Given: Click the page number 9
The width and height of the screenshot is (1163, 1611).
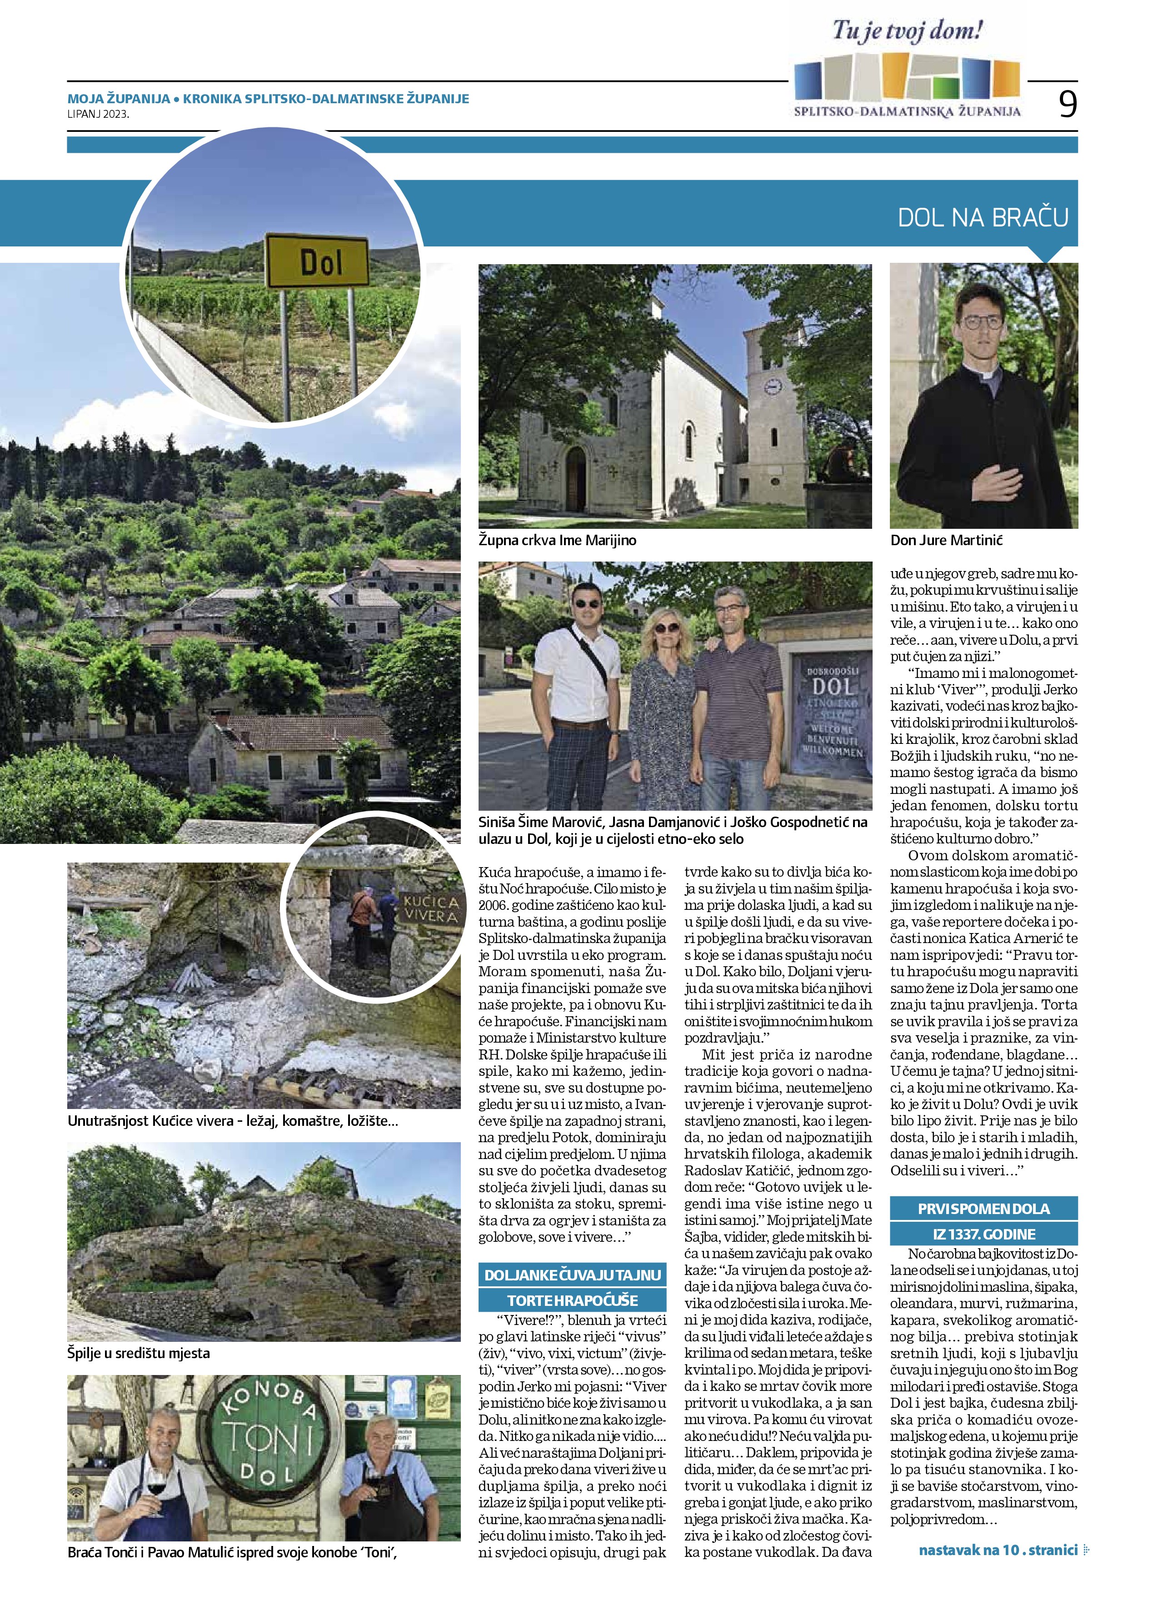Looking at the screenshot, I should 1067,105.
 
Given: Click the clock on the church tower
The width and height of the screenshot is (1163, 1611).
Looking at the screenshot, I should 773,386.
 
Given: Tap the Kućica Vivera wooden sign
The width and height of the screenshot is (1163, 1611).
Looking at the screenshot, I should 431,908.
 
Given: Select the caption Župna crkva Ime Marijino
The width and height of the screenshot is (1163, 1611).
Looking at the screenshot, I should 557,541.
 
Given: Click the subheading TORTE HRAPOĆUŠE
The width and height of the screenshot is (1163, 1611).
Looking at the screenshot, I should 572,1300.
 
